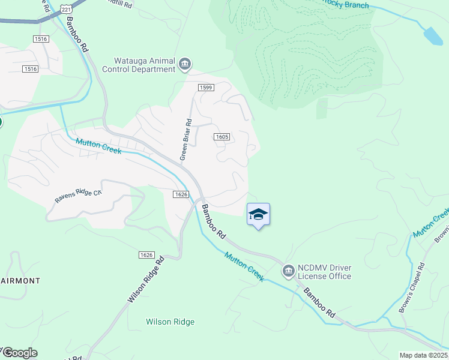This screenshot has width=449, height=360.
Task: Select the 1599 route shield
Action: click(206, 88)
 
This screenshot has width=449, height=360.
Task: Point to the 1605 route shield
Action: click(221, 137)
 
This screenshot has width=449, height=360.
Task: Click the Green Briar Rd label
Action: click(186, 140)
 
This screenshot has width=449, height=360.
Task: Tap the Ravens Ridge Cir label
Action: click(79, 194)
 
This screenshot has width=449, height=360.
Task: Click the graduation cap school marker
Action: click(258, 215)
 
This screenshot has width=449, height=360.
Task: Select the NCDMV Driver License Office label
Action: click(325, 272)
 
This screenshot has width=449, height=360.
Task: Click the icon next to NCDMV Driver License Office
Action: click(288, 272)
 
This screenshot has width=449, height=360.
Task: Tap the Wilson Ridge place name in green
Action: click(170, 322)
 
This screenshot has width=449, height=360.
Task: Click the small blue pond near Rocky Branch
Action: click(433, 36)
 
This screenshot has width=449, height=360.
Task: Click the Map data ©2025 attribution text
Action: click(423, 355)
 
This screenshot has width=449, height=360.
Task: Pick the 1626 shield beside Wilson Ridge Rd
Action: click(146, 255)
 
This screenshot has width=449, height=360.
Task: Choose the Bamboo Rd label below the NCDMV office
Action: click(319, 303)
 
